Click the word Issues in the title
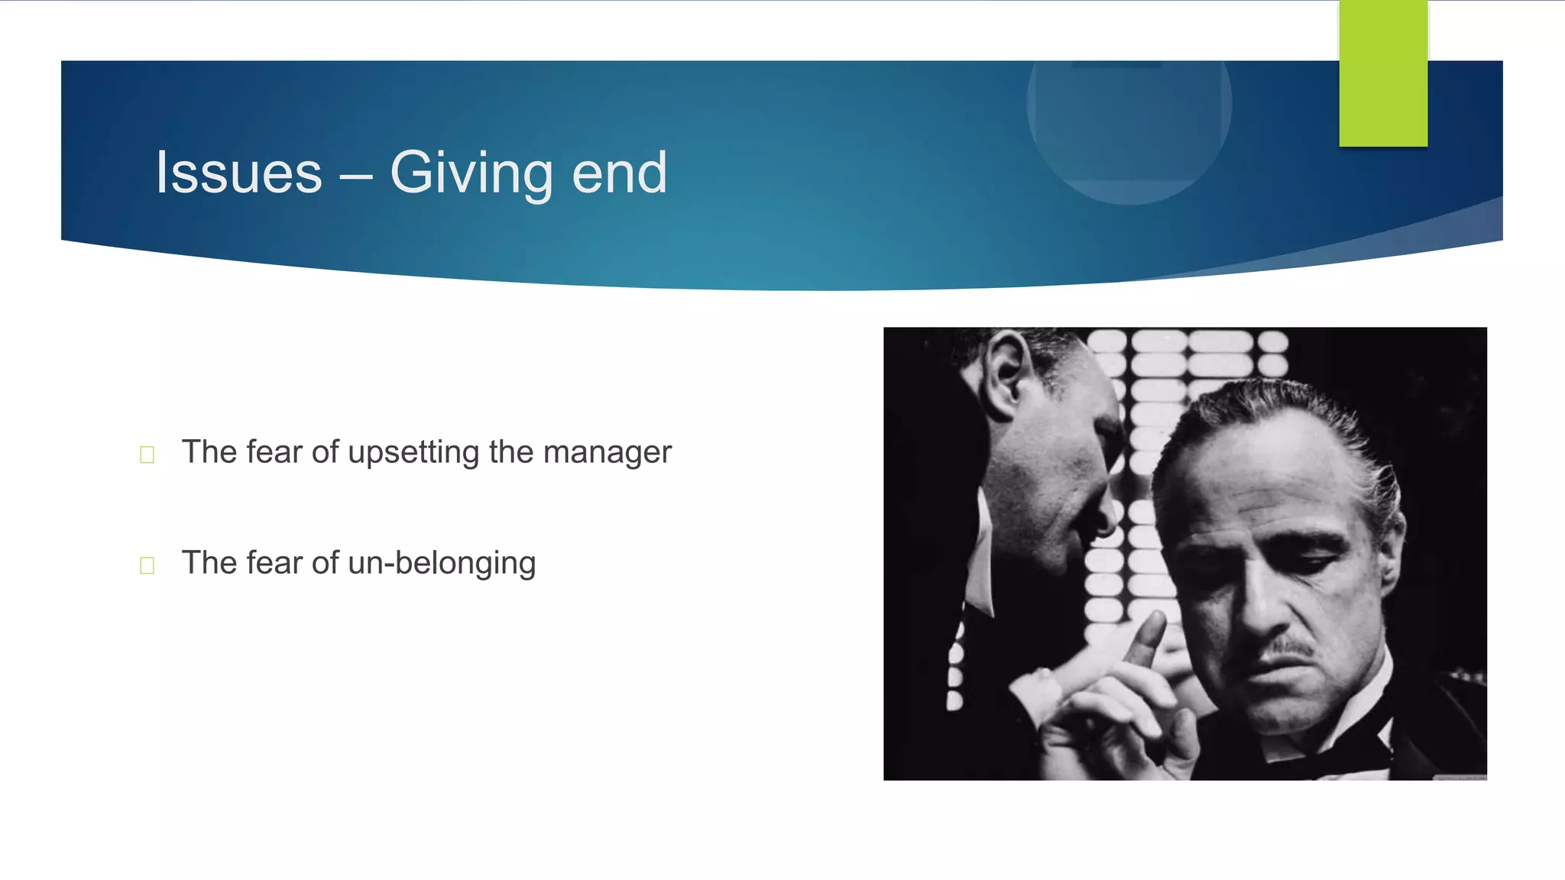(238, 173)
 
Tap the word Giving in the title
(471, 173)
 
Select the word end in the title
(619, 173)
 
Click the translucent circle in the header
(1129, 122)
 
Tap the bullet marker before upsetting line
(147, 455)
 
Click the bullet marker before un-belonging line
(147, 565)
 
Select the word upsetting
(413, 452)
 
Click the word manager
(607, 452)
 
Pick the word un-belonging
(442, 563)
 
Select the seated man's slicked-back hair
(1291, 412)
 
